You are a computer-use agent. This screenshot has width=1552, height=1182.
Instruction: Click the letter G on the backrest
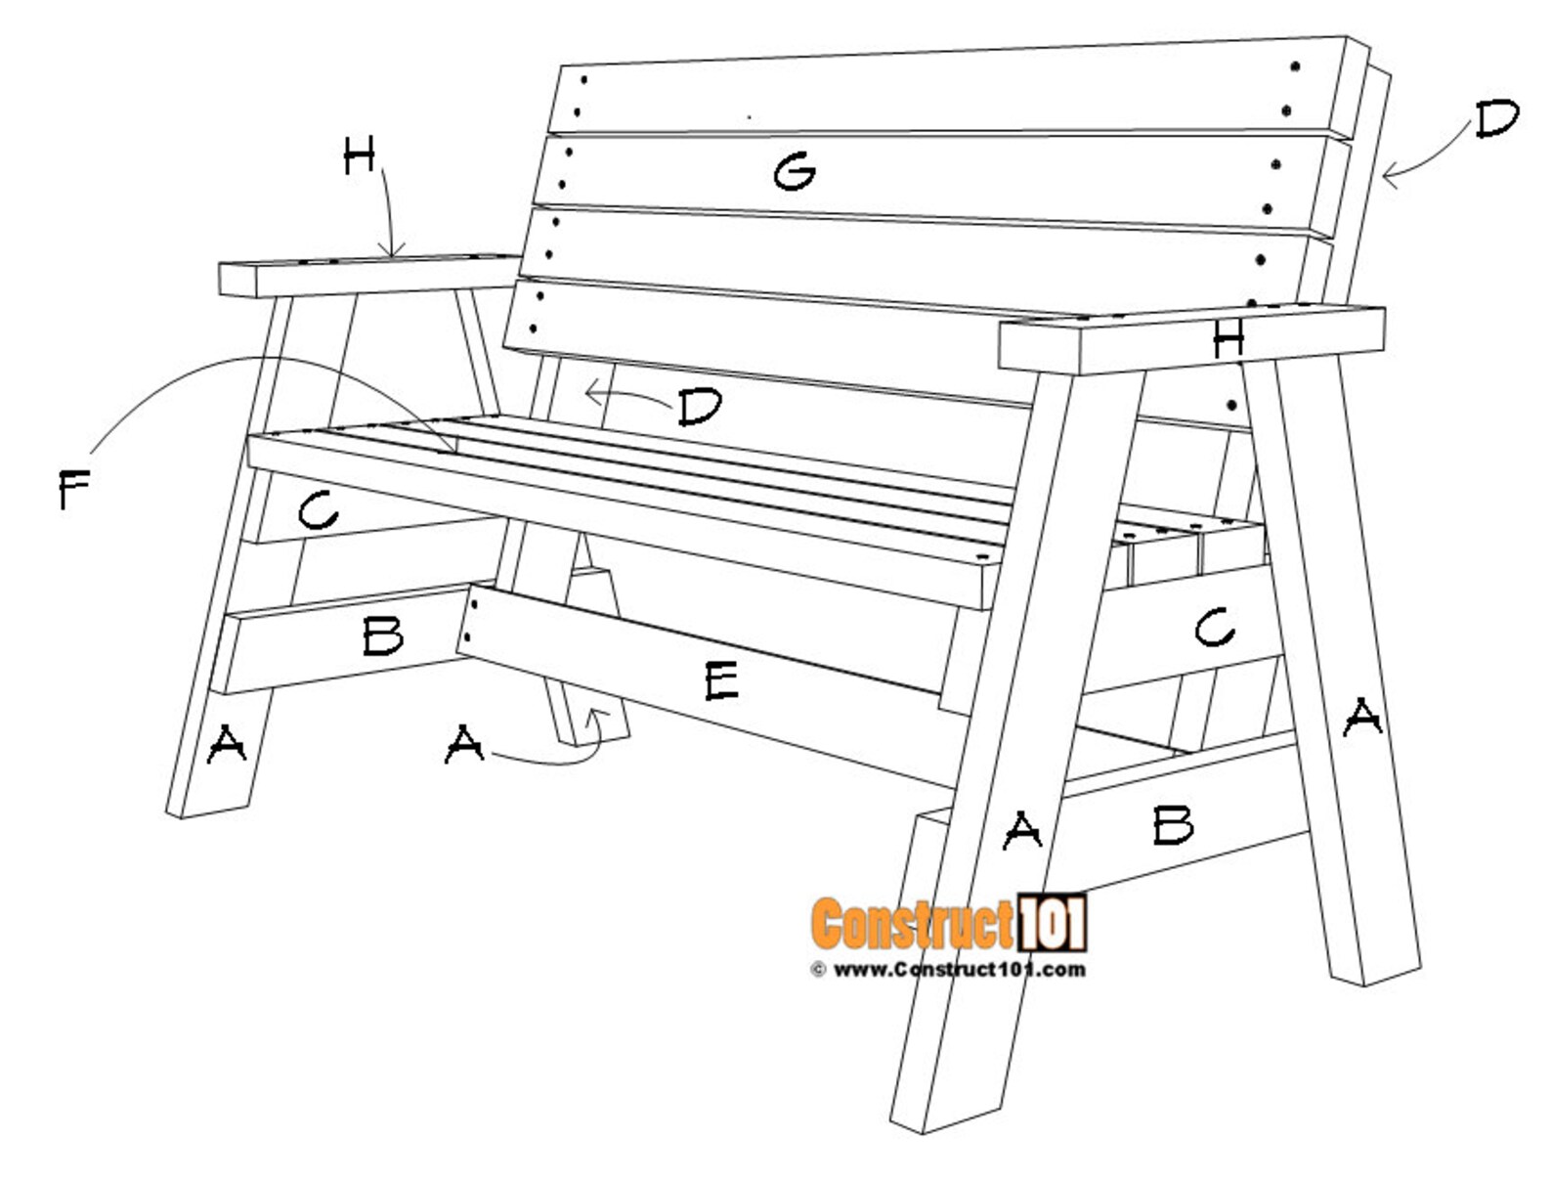pos(795,173)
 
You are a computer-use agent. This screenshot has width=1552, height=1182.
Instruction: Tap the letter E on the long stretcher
pos(721,680)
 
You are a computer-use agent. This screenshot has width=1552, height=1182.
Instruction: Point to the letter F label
pos(74,489)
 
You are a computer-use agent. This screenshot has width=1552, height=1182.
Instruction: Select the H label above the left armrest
pos(359,156)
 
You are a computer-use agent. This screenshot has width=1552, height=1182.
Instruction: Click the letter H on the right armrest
pos(1229,338)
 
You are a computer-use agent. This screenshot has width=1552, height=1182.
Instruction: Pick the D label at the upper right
pos(1496,119)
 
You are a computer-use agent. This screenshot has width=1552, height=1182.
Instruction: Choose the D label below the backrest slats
pos(700,407)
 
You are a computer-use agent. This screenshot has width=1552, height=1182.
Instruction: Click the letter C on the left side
pos(318,510)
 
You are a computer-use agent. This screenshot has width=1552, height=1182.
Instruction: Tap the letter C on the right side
pos(1214,627)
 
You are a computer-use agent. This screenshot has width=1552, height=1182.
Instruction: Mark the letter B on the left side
pos(382,636)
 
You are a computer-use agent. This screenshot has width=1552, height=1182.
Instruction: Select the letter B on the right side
pos(1173,825)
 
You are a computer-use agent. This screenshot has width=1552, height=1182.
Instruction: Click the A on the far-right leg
pos(1361,719)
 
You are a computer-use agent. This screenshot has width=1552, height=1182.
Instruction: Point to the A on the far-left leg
pos(227,745)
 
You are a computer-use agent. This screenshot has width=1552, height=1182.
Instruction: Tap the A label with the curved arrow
pos(464,746)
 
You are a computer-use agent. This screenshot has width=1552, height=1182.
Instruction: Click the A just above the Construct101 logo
pos(1022,830)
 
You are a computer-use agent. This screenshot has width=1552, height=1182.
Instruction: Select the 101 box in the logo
pos(1052,923)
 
